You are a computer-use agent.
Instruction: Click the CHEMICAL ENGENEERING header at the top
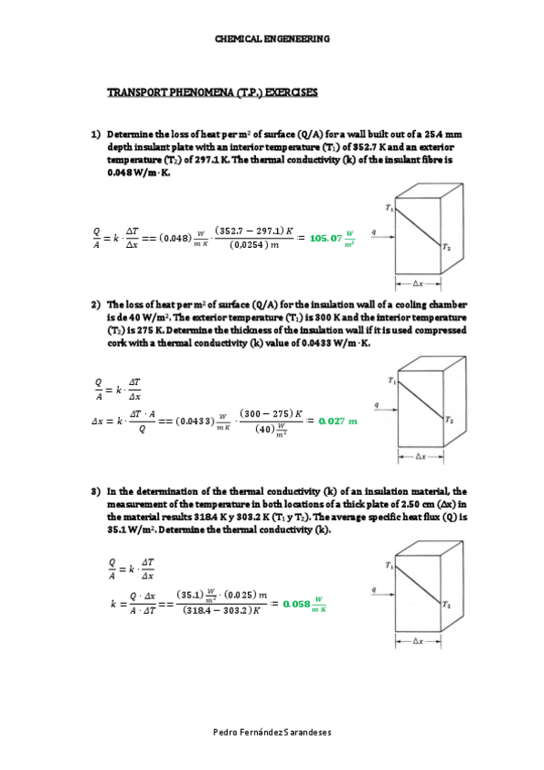click(272, 39)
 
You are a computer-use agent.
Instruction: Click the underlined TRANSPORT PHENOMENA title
click(213, 94)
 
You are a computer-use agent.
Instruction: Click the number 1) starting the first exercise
click(94, 134)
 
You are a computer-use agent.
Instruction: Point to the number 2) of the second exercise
click(94, 304)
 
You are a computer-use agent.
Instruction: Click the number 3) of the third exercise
click(94, 491)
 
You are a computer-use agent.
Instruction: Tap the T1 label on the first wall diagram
click(390, 208)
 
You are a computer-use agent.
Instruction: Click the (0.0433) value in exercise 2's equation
click(193, 421)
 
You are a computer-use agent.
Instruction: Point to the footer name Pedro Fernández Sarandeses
click(272, 732)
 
